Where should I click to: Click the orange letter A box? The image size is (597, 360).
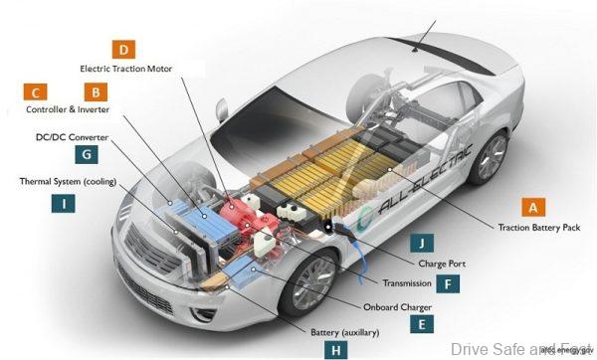coord(533,207)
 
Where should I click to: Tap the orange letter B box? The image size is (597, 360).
coord(96,91)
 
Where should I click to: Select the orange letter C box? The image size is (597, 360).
coord(35,91)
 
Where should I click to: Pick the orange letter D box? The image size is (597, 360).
coord(123,49)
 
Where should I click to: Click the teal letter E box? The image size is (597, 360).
coord(422,322)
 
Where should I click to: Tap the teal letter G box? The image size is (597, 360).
coord(87,154)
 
